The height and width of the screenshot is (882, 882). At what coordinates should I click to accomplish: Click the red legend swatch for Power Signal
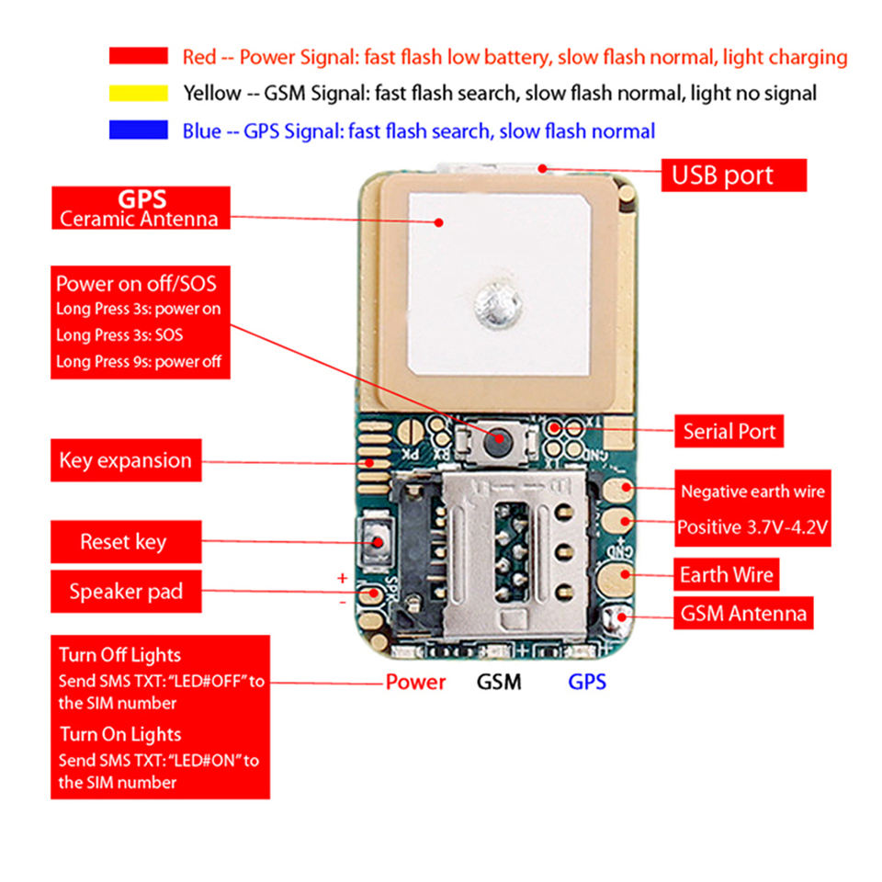pos(139,56)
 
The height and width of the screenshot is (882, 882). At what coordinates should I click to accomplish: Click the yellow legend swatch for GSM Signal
pos(139,93)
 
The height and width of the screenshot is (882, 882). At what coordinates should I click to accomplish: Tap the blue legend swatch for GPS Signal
pos(139,130)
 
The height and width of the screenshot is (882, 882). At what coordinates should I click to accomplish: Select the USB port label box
pos(733,175)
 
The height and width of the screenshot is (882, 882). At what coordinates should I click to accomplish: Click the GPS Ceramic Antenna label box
pos(141,209)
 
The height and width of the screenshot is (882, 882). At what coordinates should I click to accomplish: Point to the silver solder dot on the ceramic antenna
pos(498,305)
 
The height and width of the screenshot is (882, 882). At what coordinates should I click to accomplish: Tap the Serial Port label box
pos(729,432)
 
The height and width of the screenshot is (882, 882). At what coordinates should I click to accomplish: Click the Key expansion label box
pos(126,460)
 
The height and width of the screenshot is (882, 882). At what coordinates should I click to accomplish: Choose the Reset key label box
pos(126,542)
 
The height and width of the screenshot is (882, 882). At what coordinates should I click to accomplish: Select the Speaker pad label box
pos(126,591)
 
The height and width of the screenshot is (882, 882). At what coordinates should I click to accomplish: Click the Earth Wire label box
pos(726,574)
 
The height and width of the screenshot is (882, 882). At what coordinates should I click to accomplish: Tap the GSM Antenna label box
pos(743,613)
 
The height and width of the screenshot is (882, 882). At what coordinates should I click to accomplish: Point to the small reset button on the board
pos(377,541)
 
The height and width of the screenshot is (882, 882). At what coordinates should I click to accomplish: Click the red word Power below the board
pos(415,682)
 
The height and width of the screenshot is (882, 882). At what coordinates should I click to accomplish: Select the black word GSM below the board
pos(499,682)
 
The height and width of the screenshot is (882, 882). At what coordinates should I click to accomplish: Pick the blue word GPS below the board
pos(587,682)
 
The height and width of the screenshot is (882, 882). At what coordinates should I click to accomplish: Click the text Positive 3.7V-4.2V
pos(752,527)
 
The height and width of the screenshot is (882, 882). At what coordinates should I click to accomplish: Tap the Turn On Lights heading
pos(120,734)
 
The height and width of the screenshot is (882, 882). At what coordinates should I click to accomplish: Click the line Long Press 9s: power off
pos(139,361)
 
